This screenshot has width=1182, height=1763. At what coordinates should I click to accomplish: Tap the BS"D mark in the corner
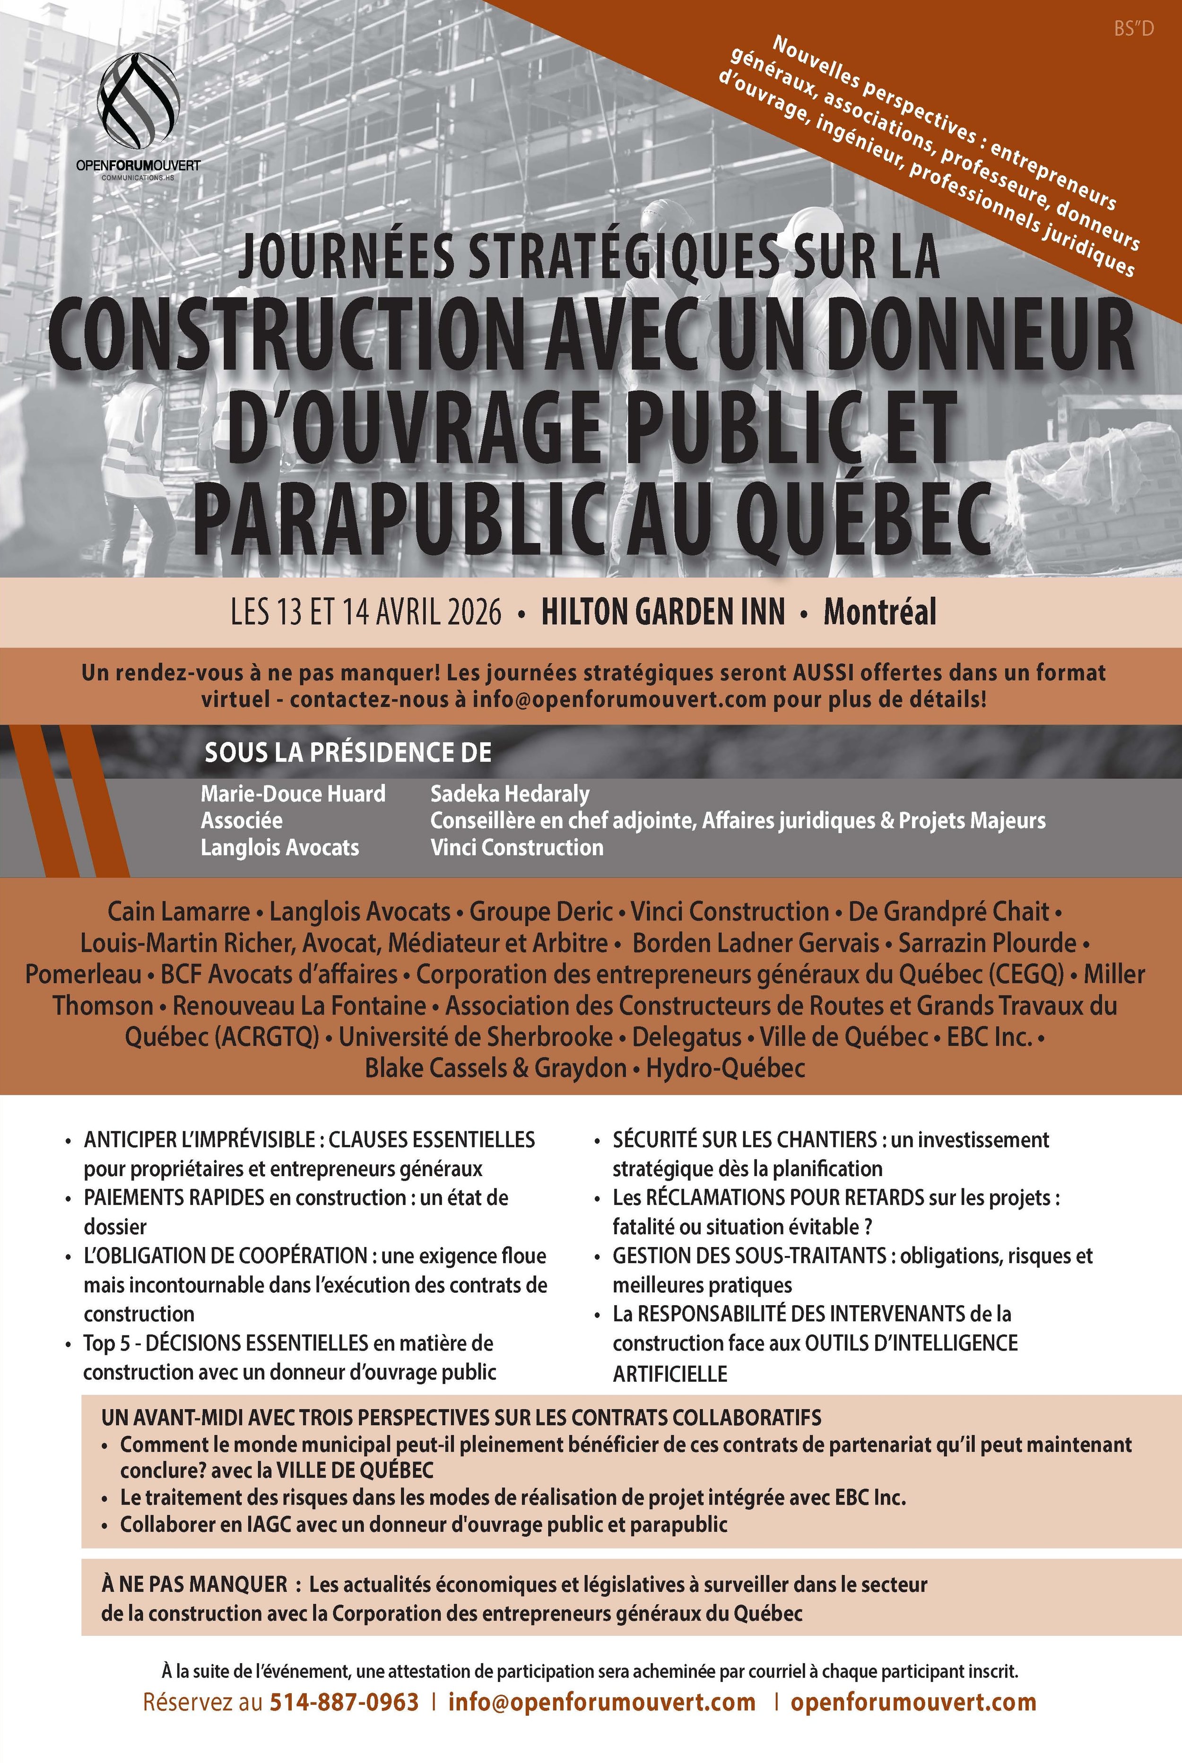1133,29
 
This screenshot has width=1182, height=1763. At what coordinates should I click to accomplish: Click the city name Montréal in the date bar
880,612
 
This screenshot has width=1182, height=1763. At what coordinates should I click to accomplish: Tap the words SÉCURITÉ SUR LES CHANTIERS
745,1139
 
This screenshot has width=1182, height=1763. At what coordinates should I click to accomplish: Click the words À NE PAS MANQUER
194,1584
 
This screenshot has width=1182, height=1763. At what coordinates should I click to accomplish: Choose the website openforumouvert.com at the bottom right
913,1702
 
